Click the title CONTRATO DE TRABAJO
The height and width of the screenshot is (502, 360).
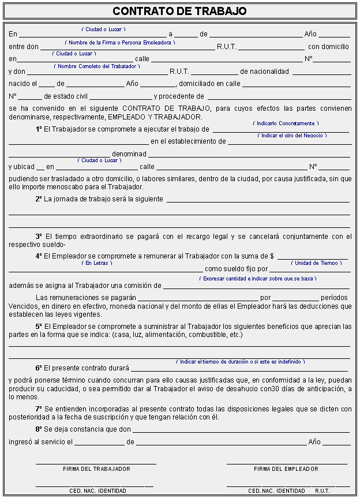coord(179,11)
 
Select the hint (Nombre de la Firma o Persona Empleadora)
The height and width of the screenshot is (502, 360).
coord(120,43)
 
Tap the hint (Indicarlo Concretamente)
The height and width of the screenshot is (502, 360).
coord(286,123)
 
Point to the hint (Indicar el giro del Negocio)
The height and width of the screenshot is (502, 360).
coord(292,136)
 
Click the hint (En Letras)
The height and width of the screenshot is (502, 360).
coord(97,263)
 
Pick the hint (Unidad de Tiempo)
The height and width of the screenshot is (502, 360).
coord(316,263)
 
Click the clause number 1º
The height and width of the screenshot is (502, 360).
coord(39,129)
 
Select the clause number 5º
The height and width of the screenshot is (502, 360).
coord(39,327)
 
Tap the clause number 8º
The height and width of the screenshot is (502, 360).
coord(39,429)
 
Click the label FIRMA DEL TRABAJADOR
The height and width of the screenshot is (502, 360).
coord(96,469)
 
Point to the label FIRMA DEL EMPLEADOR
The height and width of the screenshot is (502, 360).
coord(286,469)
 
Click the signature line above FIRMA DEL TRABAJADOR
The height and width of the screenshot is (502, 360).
coord(96,463)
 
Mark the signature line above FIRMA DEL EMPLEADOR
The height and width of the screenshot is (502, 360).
coord(287,463)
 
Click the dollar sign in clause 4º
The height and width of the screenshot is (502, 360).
coord(272,256)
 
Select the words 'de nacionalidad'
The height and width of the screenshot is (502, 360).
coord(264,72)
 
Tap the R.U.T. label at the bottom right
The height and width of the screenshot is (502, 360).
coord(322,491)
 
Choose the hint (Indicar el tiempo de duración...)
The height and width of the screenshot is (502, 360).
coord(241,362)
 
